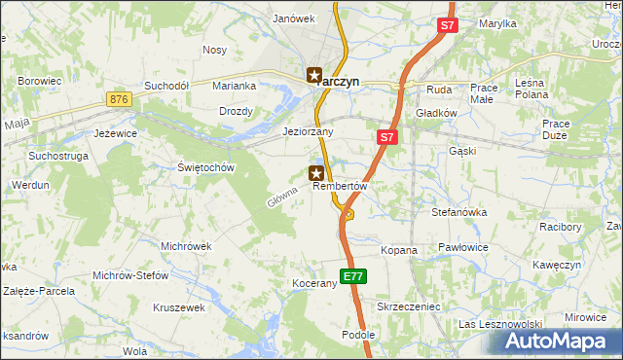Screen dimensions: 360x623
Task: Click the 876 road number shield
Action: point(120,99)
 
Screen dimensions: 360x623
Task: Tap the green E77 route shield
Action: point(353,276)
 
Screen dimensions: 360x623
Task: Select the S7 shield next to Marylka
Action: point(447,26)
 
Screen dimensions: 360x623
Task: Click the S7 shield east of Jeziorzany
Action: point(386,138)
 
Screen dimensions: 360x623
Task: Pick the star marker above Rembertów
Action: point(316,173)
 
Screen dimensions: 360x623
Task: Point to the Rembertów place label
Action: point(339,187)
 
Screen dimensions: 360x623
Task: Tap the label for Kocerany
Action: point(313,284)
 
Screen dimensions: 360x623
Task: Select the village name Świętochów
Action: point(207,167)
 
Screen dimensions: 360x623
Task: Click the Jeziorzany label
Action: point(308,131)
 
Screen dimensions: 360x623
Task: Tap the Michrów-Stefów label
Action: point(130,275)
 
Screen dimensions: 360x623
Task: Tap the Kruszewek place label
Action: point(179,307)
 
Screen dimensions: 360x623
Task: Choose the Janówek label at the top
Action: point(294,18)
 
